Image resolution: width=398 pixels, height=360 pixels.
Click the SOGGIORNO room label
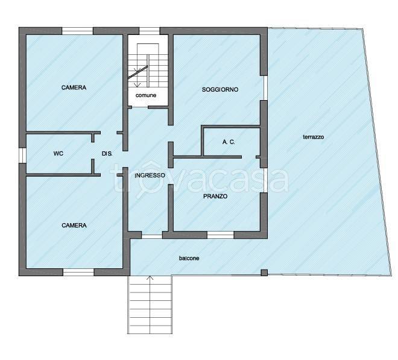(x=220, y=90)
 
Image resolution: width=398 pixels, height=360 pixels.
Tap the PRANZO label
(x=215, y=196)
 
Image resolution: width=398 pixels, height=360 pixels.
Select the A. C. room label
(x=229, y=142)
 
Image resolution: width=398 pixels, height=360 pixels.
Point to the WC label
(x=58, y=154)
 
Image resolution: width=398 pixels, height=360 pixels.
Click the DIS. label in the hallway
(x=107, y=154)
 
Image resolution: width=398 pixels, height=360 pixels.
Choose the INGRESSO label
(x=150, y=175)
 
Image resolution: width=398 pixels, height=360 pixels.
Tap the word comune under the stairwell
(x=146, y=95)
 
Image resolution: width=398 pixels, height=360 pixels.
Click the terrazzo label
(x=314, y=137)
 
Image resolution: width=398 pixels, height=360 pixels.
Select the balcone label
(x=189, y=259)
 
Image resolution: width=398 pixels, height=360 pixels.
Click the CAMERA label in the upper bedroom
(x=74, y=87)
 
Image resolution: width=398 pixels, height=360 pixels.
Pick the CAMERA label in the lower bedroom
(x=74, y=226)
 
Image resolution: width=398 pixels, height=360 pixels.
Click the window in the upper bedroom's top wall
(x=77, y=31)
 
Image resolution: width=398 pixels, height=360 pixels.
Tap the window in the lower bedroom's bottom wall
(x=78, y=273)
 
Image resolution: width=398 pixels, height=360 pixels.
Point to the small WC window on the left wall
(x=22, y=155)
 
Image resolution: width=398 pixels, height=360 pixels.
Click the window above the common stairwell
(x=150, y=31)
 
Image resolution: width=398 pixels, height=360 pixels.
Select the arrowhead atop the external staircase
(x=150, y=278)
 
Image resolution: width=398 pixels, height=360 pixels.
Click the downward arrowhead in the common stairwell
(x=137, y=84)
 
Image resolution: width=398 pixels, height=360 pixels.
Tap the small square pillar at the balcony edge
(x=264, y=273)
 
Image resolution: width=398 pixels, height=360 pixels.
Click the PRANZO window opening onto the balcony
(x=220, y=235)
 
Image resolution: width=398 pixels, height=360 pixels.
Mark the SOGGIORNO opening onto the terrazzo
(x=265, y=88)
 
